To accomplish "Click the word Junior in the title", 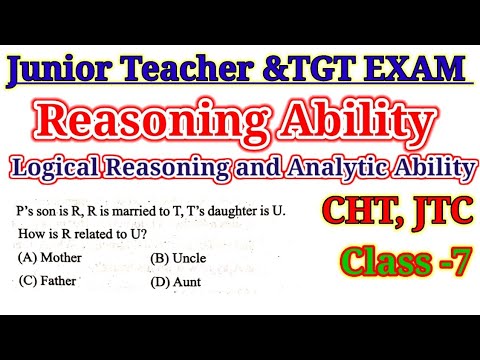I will point(72,73).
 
